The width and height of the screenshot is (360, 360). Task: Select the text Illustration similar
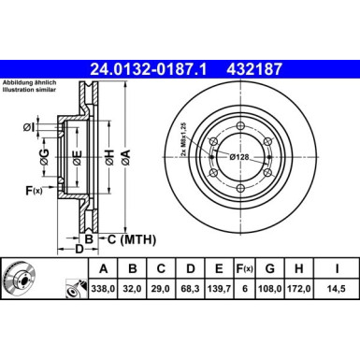pos(29,90)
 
